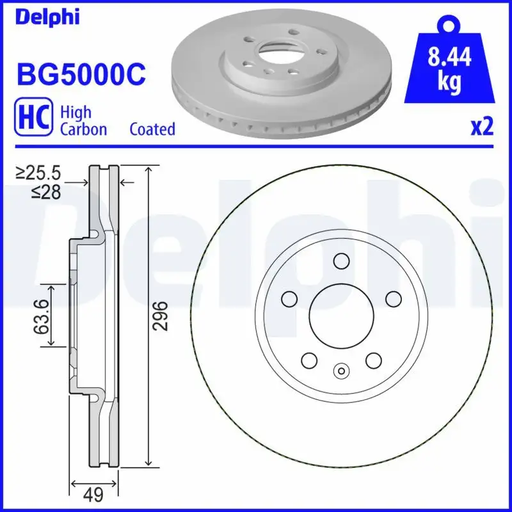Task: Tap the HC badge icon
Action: coord(32,120)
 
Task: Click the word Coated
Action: coord(152,129)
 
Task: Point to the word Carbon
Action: coord(83,129)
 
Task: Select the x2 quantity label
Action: coord(483,127)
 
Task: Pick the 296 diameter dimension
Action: coord(163,315)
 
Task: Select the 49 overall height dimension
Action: coord(94,494)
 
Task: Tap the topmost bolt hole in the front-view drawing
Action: coord(340,261)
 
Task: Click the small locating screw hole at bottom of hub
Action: coord(340,369)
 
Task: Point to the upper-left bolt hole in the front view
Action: coord(289,298)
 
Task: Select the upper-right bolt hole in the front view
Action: coord(392,298)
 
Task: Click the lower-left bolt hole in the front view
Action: coord(308,360)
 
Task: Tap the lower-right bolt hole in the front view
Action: coord(373,360)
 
